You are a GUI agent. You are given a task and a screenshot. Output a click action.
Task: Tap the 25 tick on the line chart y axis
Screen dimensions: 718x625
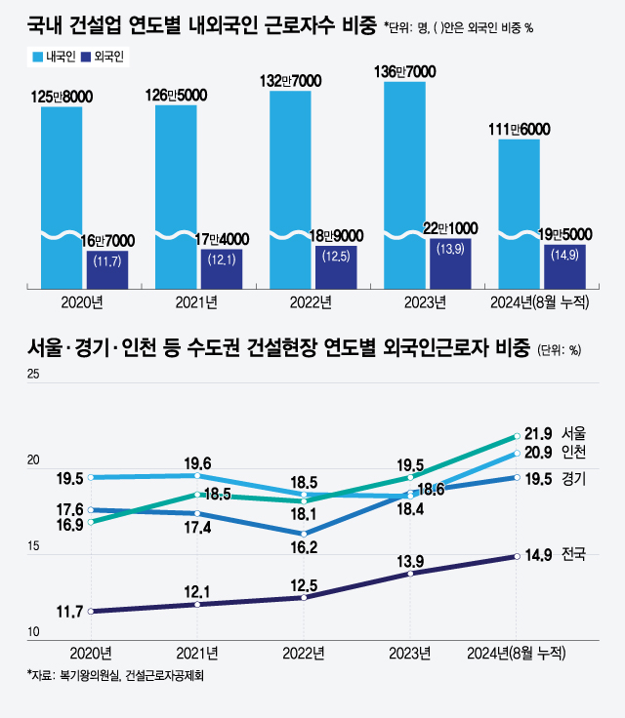click(x=33, y=377)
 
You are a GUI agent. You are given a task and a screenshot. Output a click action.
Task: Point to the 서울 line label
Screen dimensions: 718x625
click(x=573, y=433)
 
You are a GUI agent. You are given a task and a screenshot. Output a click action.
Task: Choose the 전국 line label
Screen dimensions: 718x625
click(x=573, y=555)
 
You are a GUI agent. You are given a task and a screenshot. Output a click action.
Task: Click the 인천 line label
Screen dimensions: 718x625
click(x=573, y=453)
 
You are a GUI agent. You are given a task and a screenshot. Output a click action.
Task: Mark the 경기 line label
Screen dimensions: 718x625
click(x=573, y=478)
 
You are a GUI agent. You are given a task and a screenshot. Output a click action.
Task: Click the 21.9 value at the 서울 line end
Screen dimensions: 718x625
click(x=538, y=433)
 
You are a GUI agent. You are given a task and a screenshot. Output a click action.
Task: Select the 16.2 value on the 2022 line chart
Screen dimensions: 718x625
click(x=305, y=548)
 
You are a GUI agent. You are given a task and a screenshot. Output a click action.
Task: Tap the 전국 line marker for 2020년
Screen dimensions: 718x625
click(x=91, y=612)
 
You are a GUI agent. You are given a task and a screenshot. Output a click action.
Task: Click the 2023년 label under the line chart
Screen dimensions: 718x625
click(x=409, y=652)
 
